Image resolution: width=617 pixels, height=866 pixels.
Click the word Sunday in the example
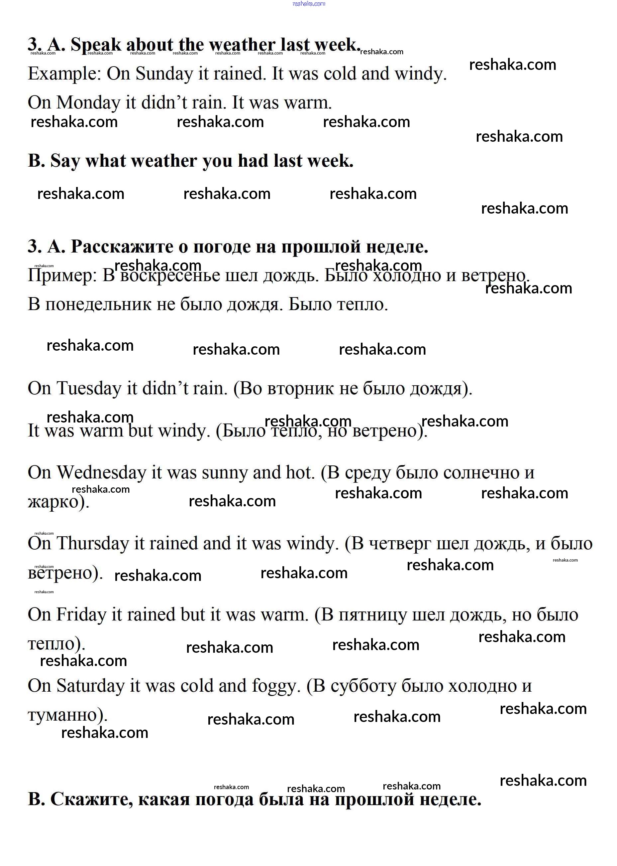pos(164,74)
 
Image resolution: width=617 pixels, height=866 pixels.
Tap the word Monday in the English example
pos(88,103)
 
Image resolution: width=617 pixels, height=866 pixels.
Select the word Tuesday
pos(88,389)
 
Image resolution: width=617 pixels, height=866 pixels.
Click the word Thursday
pos(93,544)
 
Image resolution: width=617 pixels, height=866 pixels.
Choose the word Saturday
pos(90,686)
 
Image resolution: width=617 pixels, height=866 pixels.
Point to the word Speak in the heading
pos(96,45)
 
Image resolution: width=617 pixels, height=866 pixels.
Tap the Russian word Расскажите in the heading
pos(122,247)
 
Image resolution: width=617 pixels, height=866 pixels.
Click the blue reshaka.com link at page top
pos(308,4)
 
